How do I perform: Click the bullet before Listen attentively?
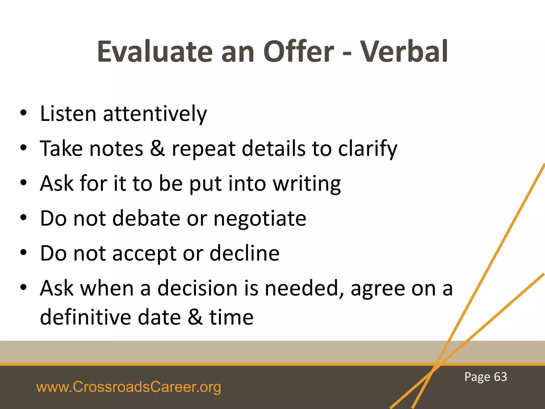(x=23, y=113)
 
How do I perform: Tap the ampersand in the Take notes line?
(x=157, y=148)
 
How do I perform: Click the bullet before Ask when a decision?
(x=23, y=287)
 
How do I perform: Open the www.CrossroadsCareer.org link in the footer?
(x=129, y=387)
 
